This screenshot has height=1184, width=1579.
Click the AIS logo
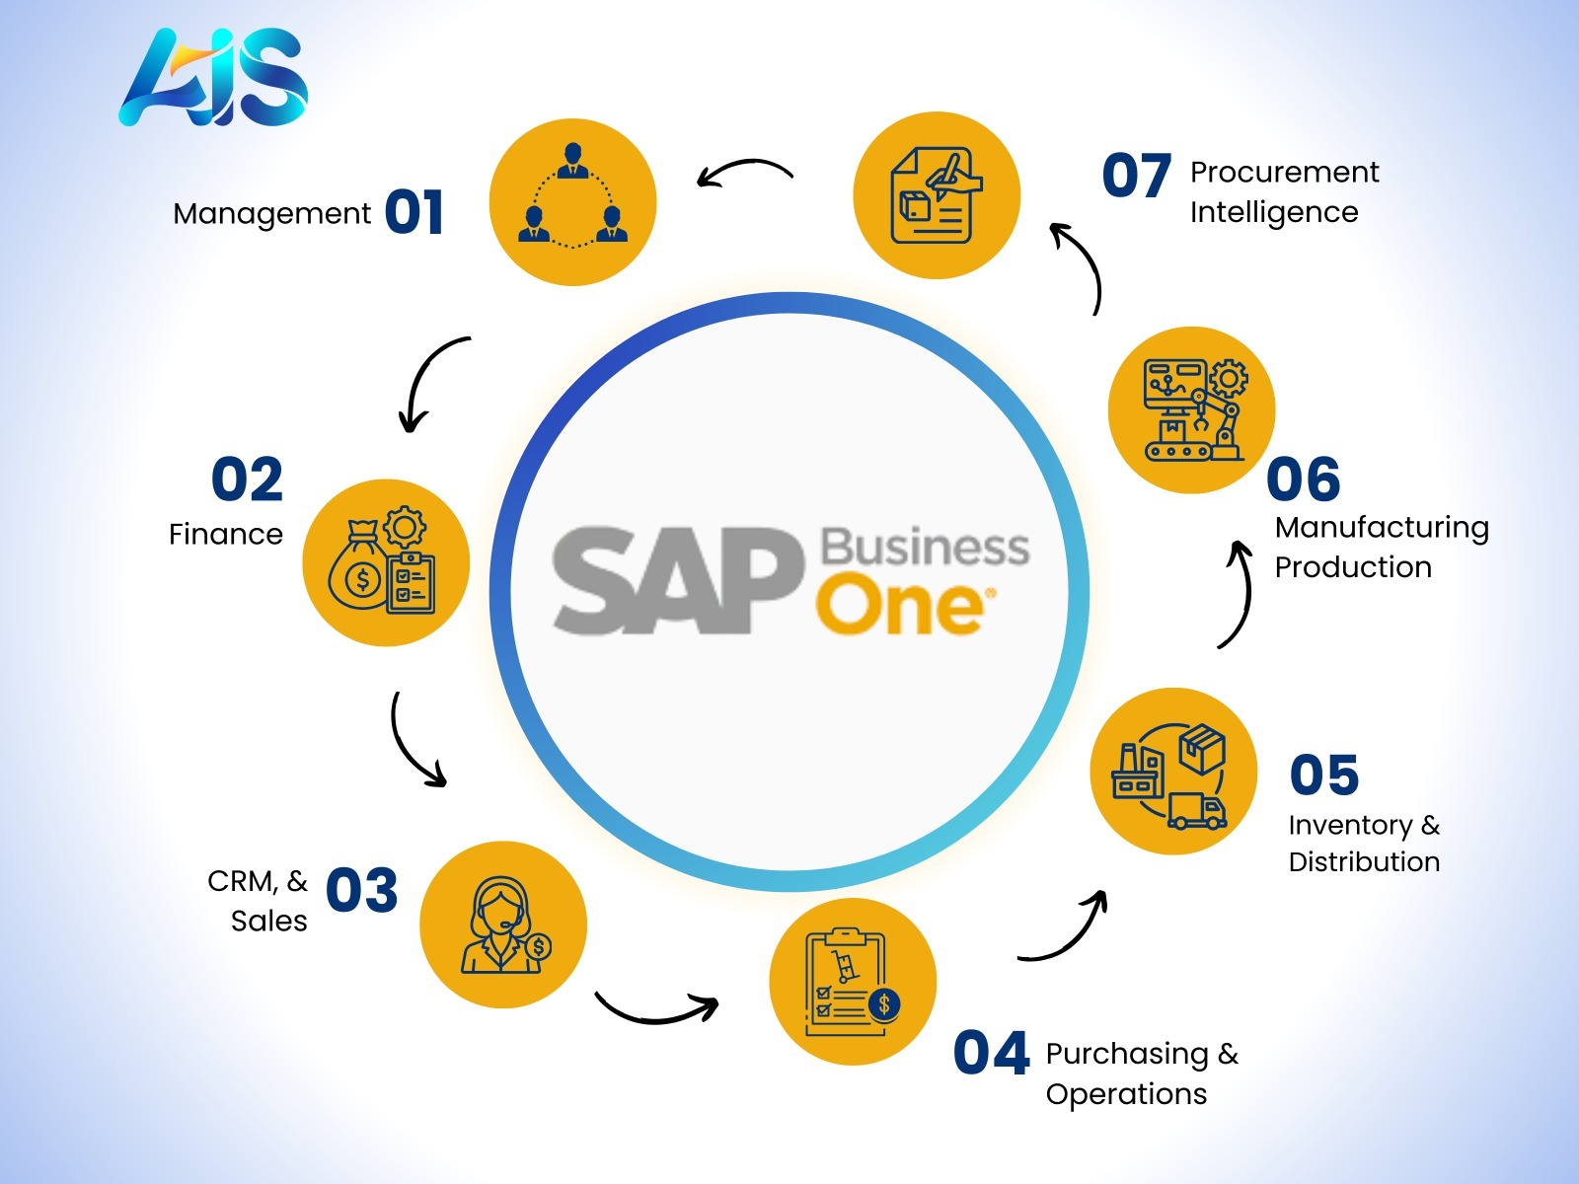[213, 78]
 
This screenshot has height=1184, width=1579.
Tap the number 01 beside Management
[414, 212]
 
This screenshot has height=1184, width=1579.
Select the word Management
[272, 214]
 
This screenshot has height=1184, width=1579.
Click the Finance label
[226, 534]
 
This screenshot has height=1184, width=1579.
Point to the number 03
[361, 890]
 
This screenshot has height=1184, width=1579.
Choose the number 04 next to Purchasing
[991, 1053]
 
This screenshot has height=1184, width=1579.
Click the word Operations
[1126, 1095]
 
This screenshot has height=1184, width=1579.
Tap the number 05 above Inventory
[1324, 775]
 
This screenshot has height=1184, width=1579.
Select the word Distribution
[1364, 861]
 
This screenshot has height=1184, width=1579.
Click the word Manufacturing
[1382, 529]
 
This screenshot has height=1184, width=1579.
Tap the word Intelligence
[1274, 212]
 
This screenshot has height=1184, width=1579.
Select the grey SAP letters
[677, 581]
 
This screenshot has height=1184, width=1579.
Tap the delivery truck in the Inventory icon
[1196, 811]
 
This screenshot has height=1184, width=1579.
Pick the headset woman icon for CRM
[503, 925]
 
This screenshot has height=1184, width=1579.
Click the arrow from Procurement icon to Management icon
[744, 171]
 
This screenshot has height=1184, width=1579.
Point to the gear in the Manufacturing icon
[1228, 378]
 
